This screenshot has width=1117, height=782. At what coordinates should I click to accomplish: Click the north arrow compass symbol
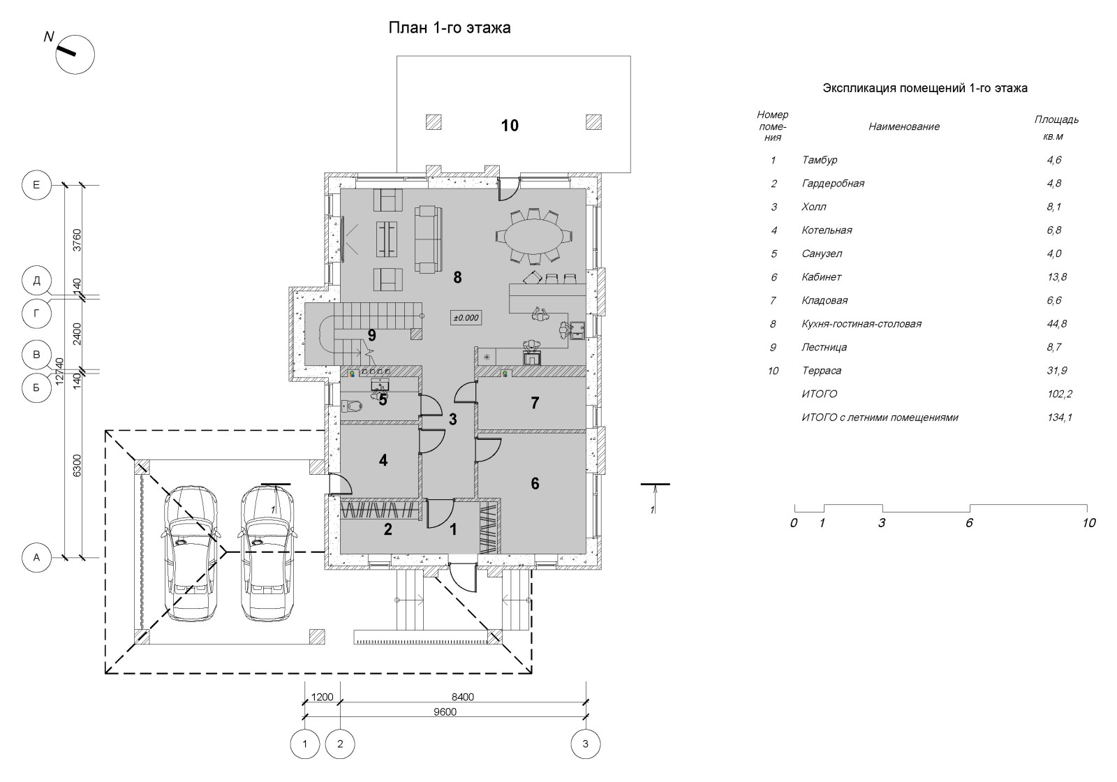point(75,54)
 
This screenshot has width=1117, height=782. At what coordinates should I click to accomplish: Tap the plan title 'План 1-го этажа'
point(450,29)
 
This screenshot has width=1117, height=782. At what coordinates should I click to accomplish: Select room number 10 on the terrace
point(510,126)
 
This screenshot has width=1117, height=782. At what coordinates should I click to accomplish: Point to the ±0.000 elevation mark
point(466,318)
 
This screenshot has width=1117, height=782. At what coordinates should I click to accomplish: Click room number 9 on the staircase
point(372,336)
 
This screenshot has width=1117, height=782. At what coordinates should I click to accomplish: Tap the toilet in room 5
point(353,405)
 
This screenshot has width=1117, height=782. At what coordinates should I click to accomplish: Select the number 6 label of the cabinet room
point(535,483)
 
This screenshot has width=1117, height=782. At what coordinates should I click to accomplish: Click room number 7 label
point(535,403)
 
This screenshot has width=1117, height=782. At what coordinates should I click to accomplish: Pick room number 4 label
point(383,460)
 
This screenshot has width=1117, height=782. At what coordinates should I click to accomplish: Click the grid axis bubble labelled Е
point(36,185)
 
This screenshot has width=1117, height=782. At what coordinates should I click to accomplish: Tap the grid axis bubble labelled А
point(36,557)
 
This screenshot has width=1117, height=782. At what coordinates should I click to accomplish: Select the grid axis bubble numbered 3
point(585,744)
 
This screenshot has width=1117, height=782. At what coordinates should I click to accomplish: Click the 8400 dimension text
point(462,697)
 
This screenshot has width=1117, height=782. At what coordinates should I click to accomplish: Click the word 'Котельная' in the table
point(827,230)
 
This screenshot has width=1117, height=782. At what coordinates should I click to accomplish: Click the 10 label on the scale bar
point(1088,523)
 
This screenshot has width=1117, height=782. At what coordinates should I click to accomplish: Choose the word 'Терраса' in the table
point(822,371)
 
